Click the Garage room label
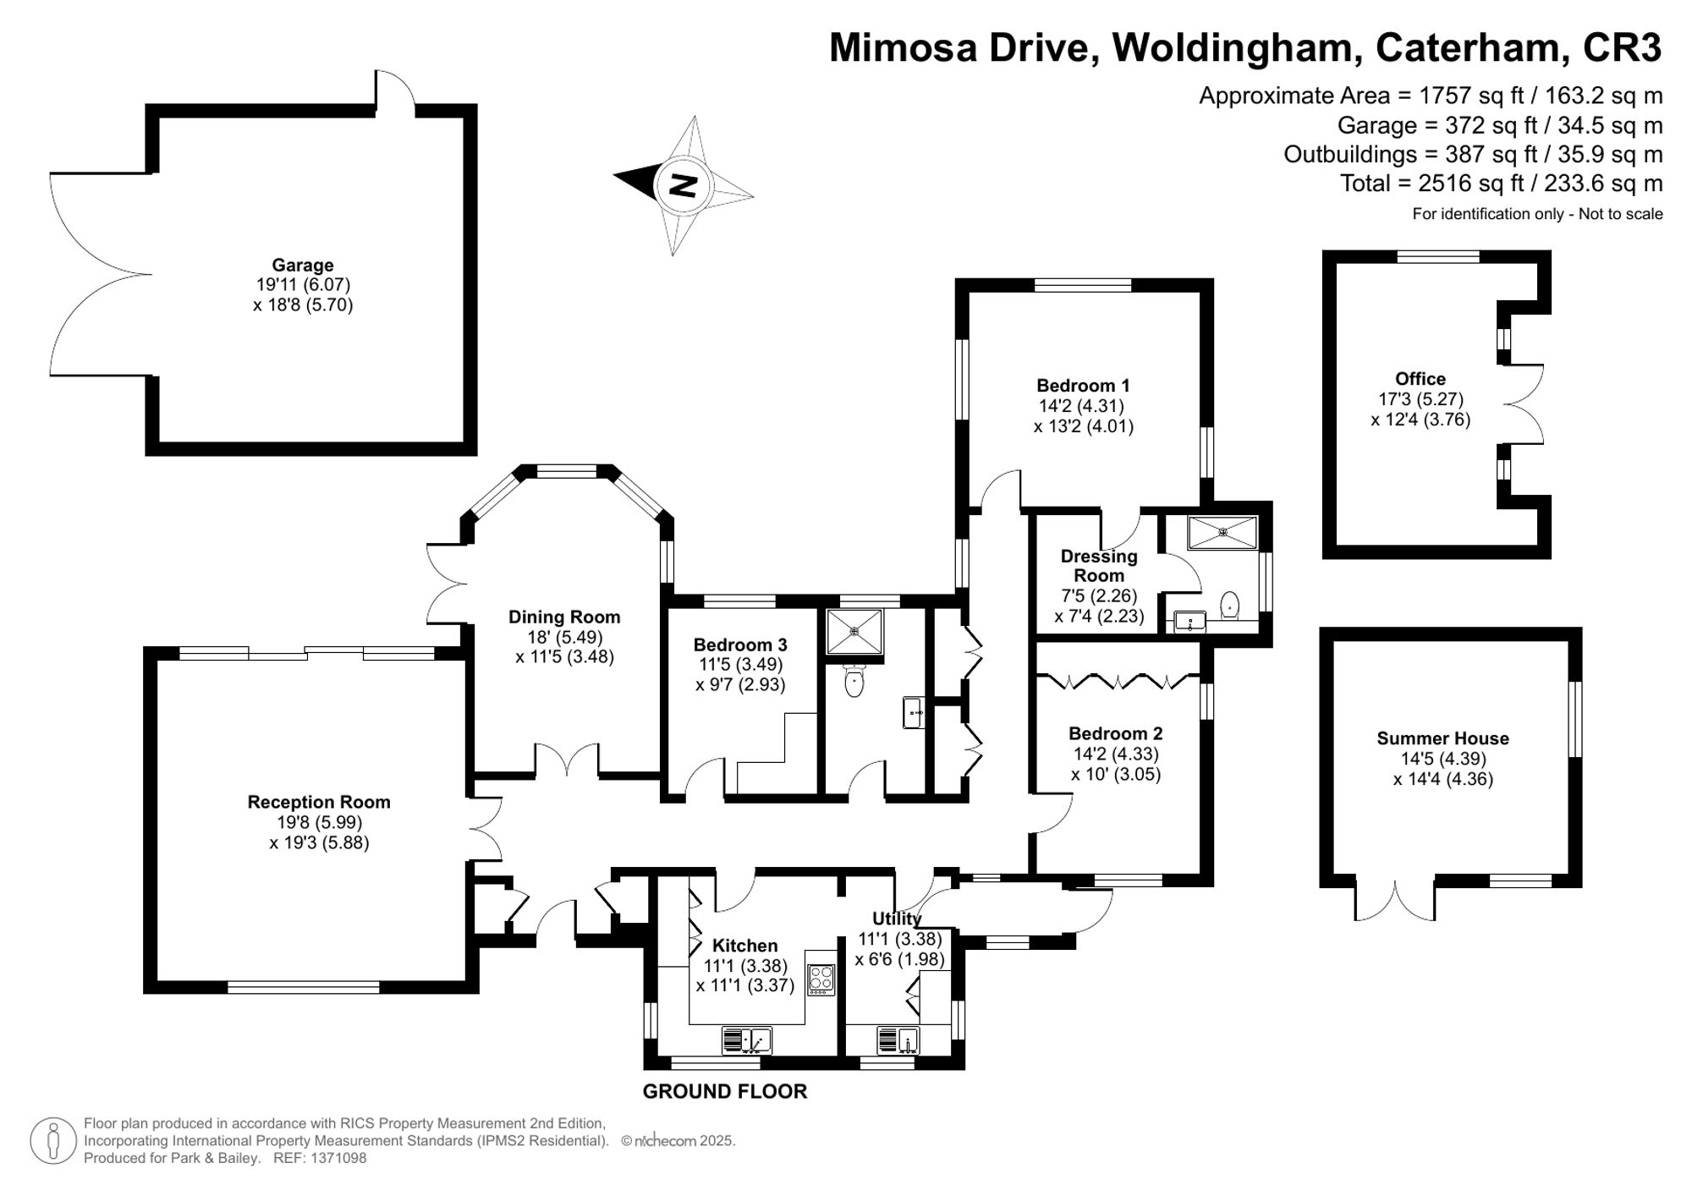302,265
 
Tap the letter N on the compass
682,184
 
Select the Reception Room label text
318,802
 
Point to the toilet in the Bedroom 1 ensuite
1230,605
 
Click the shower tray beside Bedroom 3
854,630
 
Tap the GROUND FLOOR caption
724,1091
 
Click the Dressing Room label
1098,565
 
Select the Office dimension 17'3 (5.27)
1420,399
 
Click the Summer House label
1442,738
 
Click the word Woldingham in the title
1236,47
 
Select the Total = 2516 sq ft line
1501,184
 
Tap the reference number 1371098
337,1158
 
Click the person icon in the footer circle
53,1140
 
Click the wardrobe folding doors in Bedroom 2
1118,680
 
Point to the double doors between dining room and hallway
567,760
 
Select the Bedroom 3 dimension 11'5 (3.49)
739,665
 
